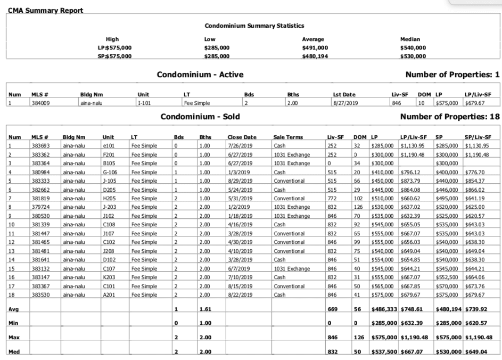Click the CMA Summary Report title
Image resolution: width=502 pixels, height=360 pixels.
click(45, 10)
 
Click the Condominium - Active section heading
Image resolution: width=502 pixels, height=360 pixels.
click(200, 75)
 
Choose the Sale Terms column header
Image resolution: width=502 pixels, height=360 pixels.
click(288, 137)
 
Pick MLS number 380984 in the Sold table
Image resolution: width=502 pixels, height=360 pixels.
click(41, 173)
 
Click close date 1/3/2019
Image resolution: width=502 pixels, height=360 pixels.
click(238, 173)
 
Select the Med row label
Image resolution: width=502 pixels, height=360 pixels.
click(14, 352)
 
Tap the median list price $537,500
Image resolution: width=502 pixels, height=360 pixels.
click(384, 352)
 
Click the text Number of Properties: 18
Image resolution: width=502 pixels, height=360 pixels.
click(450, 117)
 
